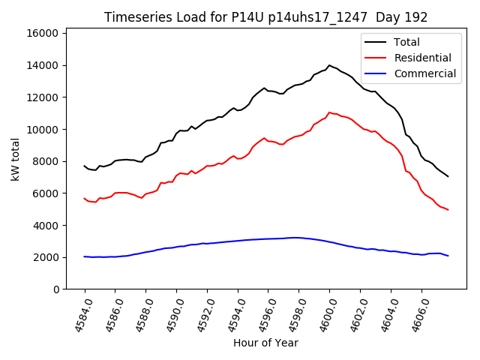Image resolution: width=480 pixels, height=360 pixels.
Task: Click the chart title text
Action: pos(265,17)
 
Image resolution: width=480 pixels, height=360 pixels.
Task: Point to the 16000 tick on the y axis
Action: pos(43,33)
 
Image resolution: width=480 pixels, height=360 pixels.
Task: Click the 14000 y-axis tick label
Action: pos(43,65)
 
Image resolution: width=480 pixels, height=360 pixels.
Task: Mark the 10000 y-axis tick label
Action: pos(43,129)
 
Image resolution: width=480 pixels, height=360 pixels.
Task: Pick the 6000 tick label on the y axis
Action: pos(46,193)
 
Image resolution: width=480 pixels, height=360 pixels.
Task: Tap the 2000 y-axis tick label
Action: pos(46,257)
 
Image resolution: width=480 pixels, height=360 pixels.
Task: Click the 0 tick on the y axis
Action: pos(55,289)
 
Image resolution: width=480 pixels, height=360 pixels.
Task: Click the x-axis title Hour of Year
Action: pos(265,343)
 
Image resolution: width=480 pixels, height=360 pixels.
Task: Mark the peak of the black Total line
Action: pos(329,65)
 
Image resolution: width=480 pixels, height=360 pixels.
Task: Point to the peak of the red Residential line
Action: pos(329,112)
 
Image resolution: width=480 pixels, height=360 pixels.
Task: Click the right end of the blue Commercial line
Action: pos(448,256)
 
